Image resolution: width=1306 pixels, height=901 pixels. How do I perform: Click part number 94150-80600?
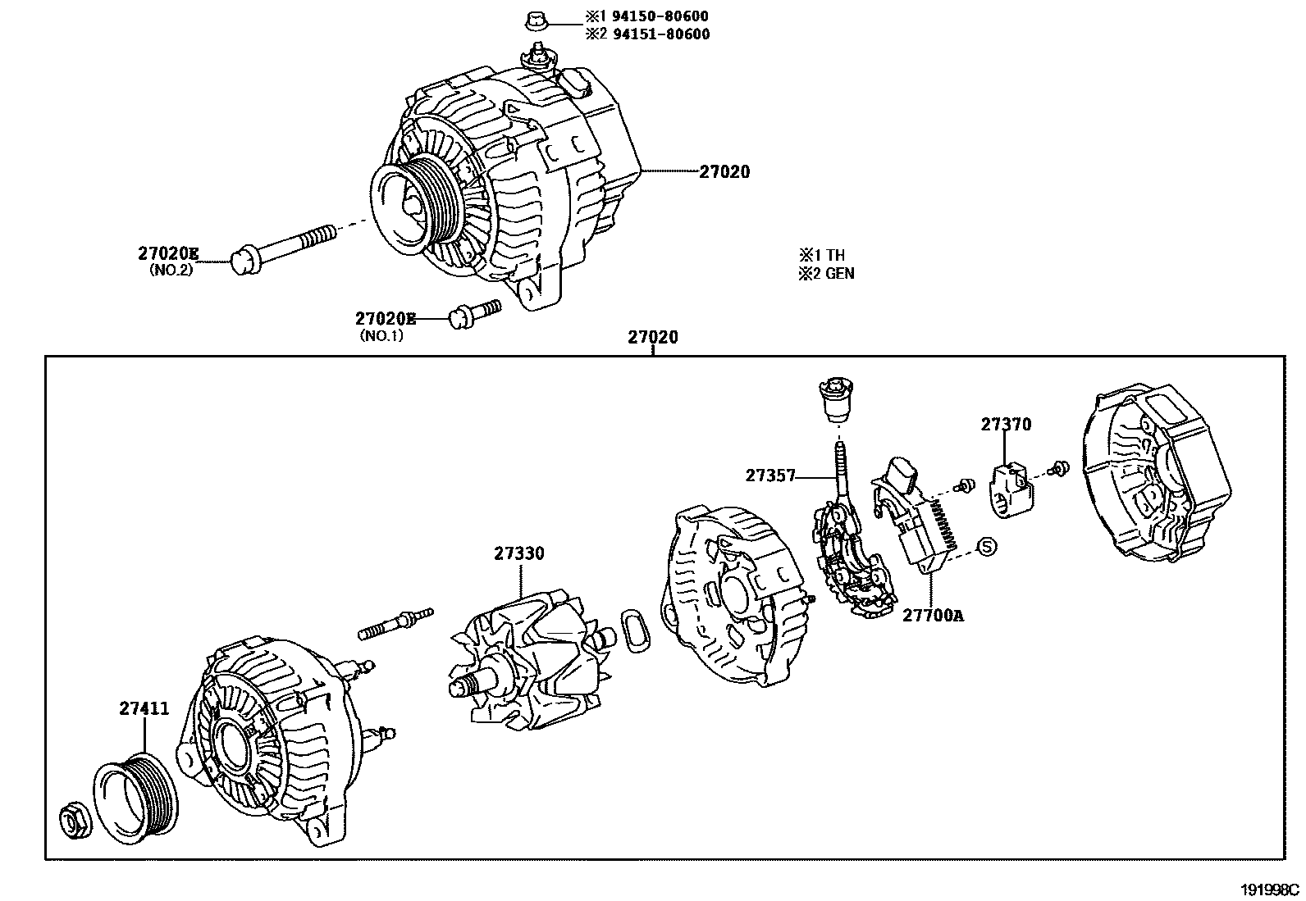pyautogui.click(x=658, y=16)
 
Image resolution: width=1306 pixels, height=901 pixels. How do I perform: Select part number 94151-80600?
pyautogui.click(x=659, y=34)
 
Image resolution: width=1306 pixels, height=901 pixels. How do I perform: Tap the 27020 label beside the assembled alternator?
pyautogui.click(x=724, y=172)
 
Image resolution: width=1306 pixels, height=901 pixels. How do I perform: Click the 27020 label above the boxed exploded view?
pyautogui.click(x=653, y=337)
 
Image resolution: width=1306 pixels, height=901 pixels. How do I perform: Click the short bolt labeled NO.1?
pyautogui.click(x=475, y=312)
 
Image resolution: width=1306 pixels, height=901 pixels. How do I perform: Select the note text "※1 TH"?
pyautogui.click(x=821, y=255)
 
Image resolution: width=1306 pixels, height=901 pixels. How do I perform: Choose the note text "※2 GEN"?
pyautogui.click(x=826, y=273)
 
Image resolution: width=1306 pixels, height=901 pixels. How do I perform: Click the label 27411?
pyautogui.click(x=144, y=709)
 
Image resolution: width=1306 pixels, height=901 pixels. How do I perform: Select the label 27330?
pyautogui.click(x=518, y=553)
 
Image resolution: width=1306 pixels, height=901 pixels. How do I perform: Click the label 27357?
pyautogui.click(x=770, y=475)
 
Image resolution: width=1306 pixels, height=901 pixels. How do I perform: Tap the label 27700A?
pyautogui.click(x=933, y=614)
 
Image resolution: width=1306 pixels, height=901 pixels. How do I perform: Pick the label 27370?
pyautogui.click(x=1006, y=424)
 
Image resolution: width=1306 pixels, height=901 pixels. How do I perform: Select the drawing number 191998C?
pyautogui.click(x=1269, y=890)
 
